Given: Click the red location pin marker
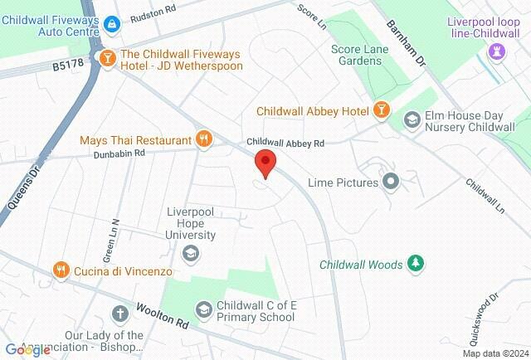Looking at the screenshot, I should click(265, 163).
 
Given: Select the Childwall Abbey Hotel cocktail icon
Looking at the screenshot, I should click(381, 110).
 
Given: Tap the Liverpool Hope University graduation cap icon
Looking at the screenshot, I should click(191, 253).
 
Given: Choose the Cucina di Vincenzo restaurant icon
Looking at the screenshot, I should click(61, 270).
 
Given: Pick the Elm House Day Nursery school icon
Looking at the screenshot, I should click(411, 121).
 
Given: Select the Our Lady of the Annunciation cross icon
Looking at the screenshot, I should click(120, 314).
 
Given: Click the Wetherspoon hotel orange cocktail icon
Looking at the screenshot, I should click(106, 57).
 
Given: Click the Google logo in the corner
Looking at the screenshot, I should click(27, 350).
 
